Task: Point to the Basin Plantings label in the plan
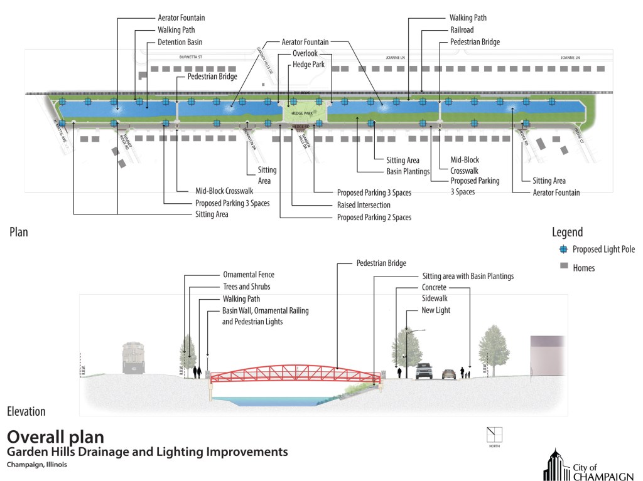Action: (408, 171)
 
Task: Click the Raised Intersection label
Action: (364, 205)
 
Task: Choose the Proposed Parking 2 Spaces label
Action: (374, 217)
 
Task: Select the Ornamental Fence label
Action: (249, 275)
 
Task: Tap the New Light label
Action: (436, 310)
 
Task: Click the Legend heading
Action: (567, 232)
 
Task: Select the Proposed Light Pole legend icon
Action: (563, 250)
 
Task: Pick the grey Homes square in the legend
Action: (563, 267)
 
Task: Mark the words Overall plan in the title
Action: (55, 436)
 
